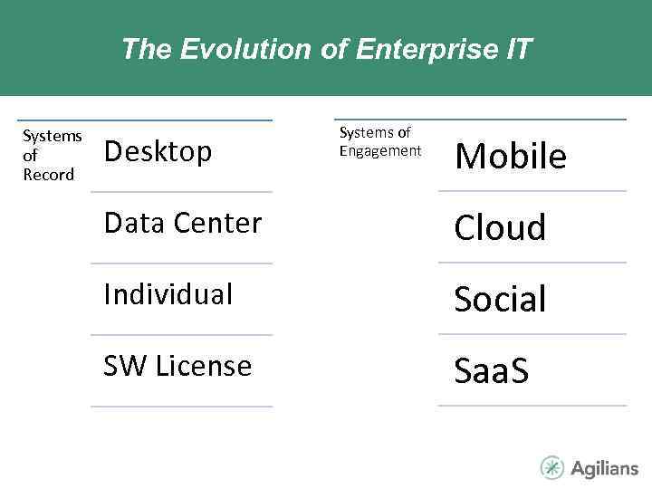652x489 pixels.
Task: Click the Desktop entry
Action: tap(158, 151)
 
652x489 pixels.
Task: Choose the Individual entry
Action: tap(168, 294)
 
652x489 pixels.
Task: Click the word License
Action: tap(203, 366)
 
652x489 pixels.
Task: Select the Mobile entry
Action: tap(511, 157)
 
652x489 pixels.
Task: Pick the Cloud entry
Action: tap(500, 228)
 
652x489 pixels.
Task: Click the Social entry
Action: tap(500, 299)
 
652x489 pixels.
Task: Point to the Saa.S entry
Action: tap(492, 370)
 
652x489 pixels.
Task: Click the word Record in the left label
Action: tap(48, 175)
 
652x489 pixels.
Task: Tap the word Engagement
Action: tap(380, 151)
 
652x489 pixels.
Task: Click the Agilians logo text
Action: tap(604, 468)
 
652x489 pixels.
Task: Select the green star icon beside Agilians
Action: tap(551, 467)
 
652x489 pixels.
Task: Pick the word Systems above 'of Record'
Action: tap(53, 136)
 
